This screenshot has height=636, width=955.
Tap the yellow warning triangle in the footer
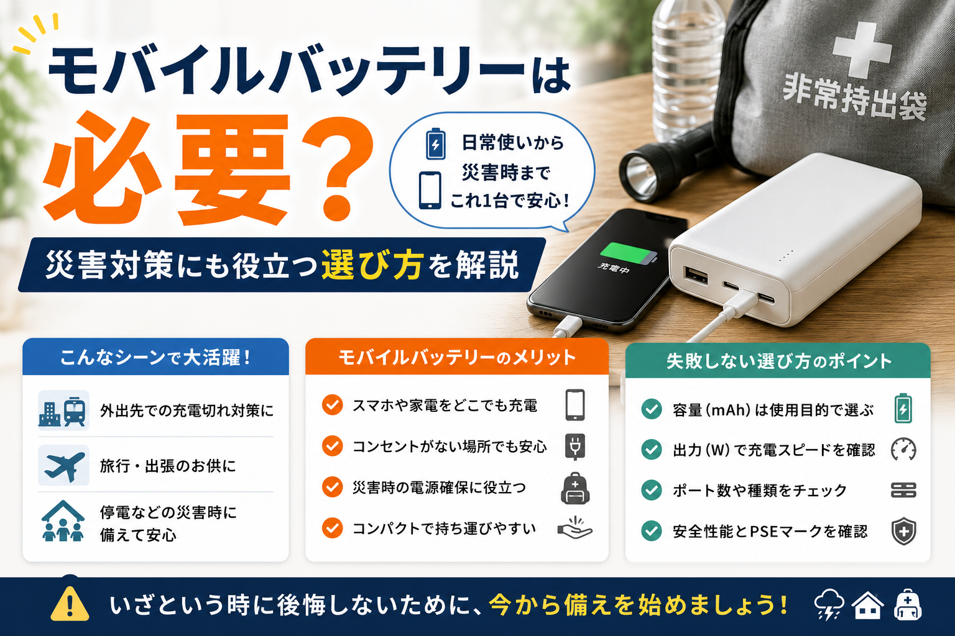pos(70,604)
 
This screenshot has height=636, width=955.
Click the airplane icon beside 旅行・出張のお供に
pos(64,466)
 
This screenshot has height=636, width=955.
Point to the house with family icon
pos(63,521)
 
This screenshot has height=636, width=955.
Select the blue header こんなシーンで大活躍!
pos(155,357)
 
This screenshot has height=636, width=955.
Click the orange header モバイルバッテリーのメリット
pos(456,357)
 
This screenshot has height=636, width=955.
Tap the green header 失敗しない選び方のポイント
pos(778,361)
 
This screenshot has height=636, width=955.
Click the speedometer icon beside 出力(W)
pos(903,450)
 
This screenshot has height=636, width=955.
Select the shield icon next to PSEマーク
pos(904,531)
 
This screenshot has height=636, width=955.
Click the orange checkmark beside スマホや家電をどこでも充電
pos(332,405)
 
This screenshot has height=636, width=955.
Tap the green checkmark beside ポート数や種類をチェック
pos(652,490)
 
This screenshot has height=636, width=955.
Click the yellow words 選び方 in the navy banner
pos(372,265)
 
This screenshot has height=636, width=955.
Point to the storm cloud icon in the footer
pos(828,605)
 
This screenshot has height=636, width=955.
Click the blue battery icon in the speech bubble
pos(436,143)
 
